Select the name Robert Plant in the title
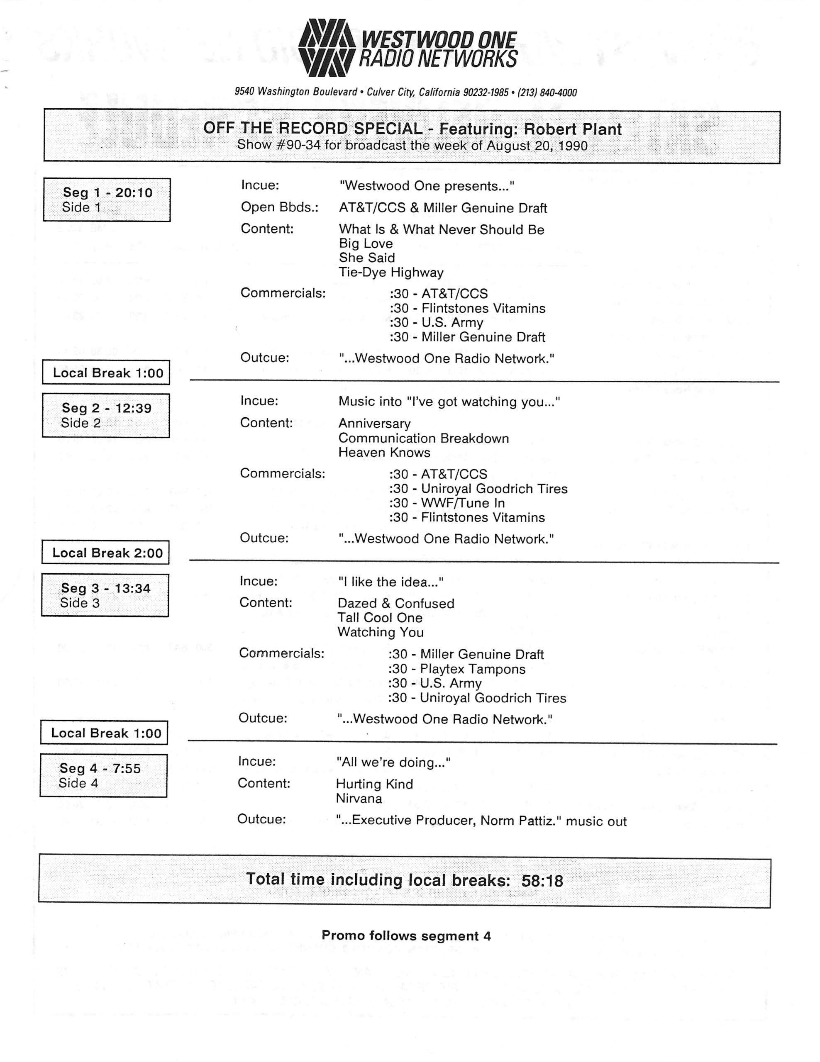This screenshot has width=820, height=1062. pos(572,129)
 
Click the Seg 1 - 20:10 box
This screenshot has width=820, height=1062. pos(107,200)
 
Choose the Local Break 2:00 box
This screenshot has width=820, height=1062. pos(105,553)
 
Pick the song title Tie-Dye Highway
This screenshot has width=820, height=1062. pos(391,272)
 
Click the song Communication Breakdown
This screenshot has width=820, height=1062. pos(424,438)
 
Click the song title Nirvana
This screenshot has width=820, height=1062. pos(359,799)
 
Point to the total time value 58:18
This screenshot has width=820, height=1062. pos(542,881)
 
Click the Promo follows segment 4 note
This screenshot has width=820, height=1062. pos(406,935)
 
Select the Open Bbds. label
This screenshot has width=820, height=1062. pos(280,207)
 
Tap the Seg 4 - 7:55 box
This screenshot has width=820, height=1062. pos(104,775)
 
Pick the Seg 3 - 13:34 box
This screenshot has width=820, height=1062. pos(105,595)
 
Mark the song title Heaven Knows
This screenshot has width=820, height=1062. pos(384,453)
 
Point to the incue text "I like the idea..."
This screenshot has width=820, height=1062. pos(390,582)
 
